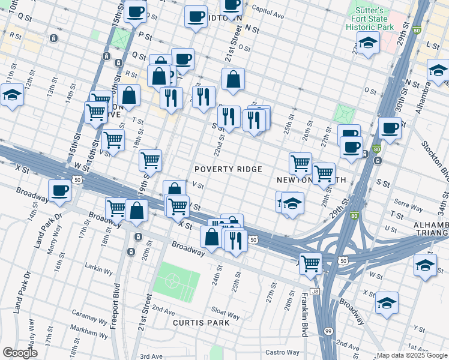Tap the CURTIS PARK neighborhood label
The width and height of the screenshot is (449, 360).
pos(201,323)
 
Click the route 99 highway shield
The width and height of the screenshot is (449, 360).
pos(328,331)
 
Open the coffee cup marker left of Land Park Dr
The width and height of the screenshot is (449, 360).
pos(59,190)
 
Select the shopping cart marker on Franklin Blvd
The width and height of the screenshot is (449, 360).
pos(310,263)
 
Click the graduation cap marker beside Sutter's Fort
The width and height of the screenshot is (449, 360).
pos(368,42)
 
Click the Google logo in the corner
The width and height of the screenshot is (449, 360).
pos(20,352)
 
